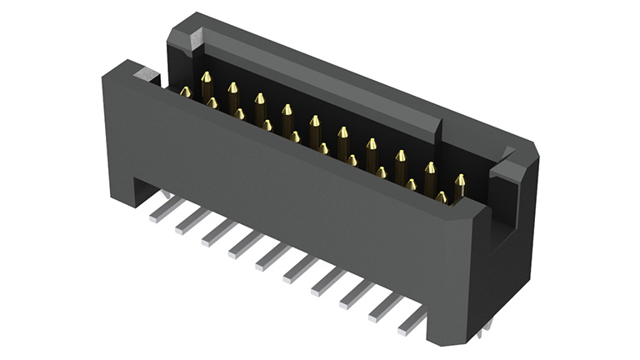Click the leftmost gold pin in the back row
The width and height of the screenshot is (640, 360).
(x=206, y=83)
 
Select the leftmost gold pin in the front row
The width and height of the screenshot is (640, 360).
(x=186, y=92)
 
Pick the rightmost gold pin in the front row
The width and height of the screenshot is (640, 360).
(x=441, y=197)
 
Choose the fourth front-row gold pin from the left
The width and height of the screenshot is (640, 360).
(x=267, y=125)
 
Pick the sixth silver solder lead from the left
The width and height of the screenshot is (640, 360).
(x=298, y=269)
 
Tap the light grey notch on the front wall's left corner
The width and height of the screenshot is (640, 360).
(x=146, y=76)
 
